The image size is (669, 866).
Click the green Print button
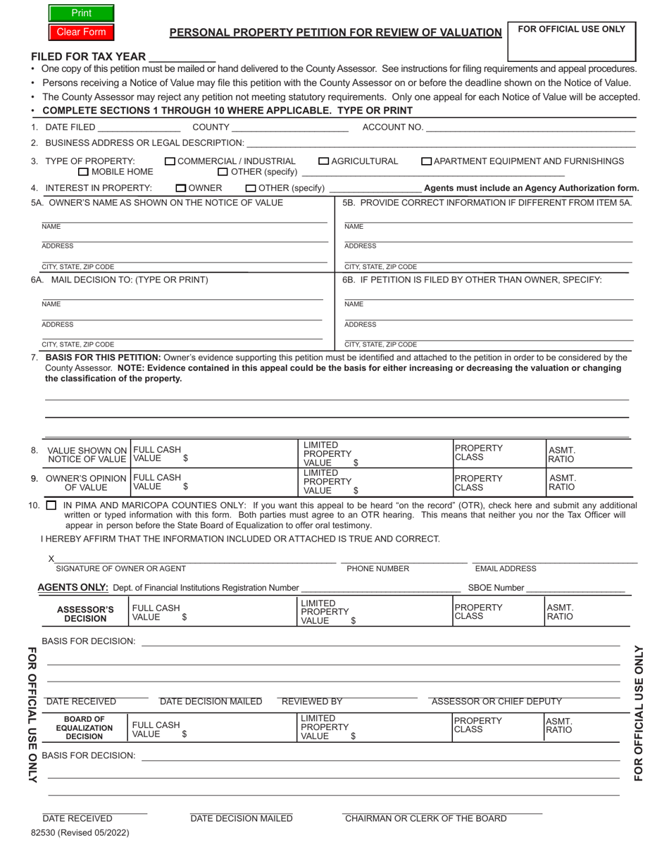(x=81, y=13)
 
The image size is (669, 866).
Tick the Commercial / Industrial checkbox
(x=170, y=161)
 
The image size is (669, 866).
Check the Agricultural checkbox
(x=324, y=161)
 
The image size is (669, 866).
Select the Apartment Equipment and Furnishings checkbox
(x=426, y=161)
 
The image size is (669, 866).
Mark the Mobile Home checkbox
(x=83, y=172)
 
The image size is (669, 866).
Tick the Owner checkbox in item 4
(x=181, y=188)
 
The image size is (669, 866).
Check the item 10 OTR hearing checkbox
(x=51, y=506)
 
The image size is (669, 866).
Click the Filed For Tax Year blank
(x=182, y=56)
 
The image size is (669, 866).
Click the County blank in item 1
(x=289, y=127)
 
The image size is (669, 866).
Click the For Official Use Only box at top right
(x=571, y=41)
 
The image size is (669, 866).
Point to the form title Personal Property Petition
(x=335, y=32)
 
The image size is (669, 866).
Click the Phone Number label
(x=377, y=568)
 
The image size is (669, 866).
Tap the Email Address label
(x=505, y=568)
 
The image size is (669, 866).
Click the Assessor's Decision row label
(x=85, y=614)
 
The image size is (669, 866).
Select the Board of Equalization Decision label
(x=85, y=728)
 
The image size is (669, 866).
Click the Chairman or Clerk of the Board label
(x=425, y=818)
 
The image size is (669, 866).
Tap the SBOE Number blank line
(x=575, y=588)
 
